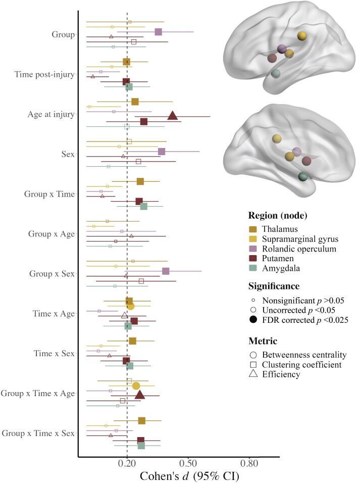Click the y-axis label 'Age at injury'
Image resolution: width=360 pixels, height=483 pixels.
50,114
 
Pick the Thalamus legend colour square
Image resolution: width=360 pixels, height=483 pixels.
253,229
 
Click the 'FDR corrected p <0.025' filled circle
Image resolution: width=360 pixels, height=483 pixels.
253,319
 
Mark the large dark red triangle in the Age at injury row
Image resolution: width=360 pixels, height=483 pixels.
173,116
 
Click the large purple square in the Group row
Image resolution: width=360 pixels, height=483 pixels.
158,32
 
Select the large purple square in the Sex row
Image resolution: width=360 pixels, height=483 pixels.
162,152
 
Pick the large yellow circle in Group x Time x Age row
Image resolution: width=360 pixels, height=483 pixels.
136,386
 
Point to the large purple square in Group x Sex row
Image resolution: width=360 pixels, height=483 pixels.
166,271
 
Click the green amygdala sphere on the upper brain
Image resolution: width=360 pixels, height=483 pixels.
276,74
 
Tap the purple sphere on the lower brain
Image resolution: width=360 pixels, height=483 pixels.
297,152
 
